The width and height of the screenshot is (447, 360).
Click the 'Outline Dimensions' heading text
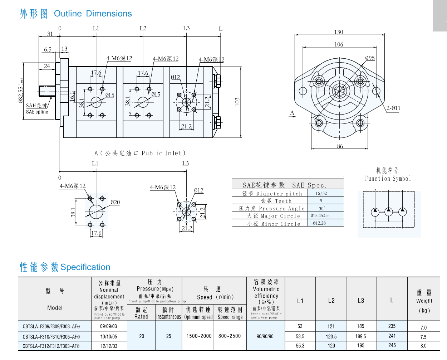coord(93,14)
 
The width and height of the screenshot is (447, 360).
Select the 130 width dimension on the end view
coord(339,32)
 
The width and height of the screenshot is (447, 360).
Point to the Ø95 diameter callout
coord(370,58)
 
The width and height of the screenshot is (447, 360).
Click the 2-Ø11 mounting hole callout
coord(393,108)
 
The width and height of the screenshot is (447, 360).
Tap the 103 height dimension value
coord(237,102)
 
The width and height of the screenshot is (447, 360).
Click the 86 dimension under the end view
coord(340,146)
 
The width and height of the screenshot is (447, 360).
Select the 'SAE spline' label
coord(37,112)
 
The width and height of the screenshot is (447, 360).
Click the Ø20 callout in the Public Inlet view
coord(115,203)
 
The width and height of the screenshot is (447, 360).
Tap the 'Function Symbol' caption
coord(388,178)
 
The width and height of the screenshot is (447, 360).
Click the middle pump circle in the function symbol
coord(389,211)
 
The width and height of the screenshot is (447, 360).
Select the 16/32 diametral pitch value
coord(321,193)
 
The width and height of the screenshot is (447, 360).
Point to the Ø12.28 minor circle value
coord(319,223)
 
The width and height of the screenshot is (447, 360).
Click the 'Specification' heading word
coord(85,267)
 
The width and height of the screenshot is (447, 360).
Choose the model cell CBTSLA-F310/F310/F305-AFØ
coord(51,337)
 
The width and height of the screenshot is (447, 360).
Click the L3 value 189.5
coord(360,336)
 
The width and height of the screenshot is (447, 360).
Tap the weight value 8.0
coord(423,346)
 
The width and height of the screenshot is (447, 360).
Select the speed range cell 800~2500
coord(230,336)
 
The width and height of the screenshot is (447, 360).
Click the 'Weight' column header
coord(424,301)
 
